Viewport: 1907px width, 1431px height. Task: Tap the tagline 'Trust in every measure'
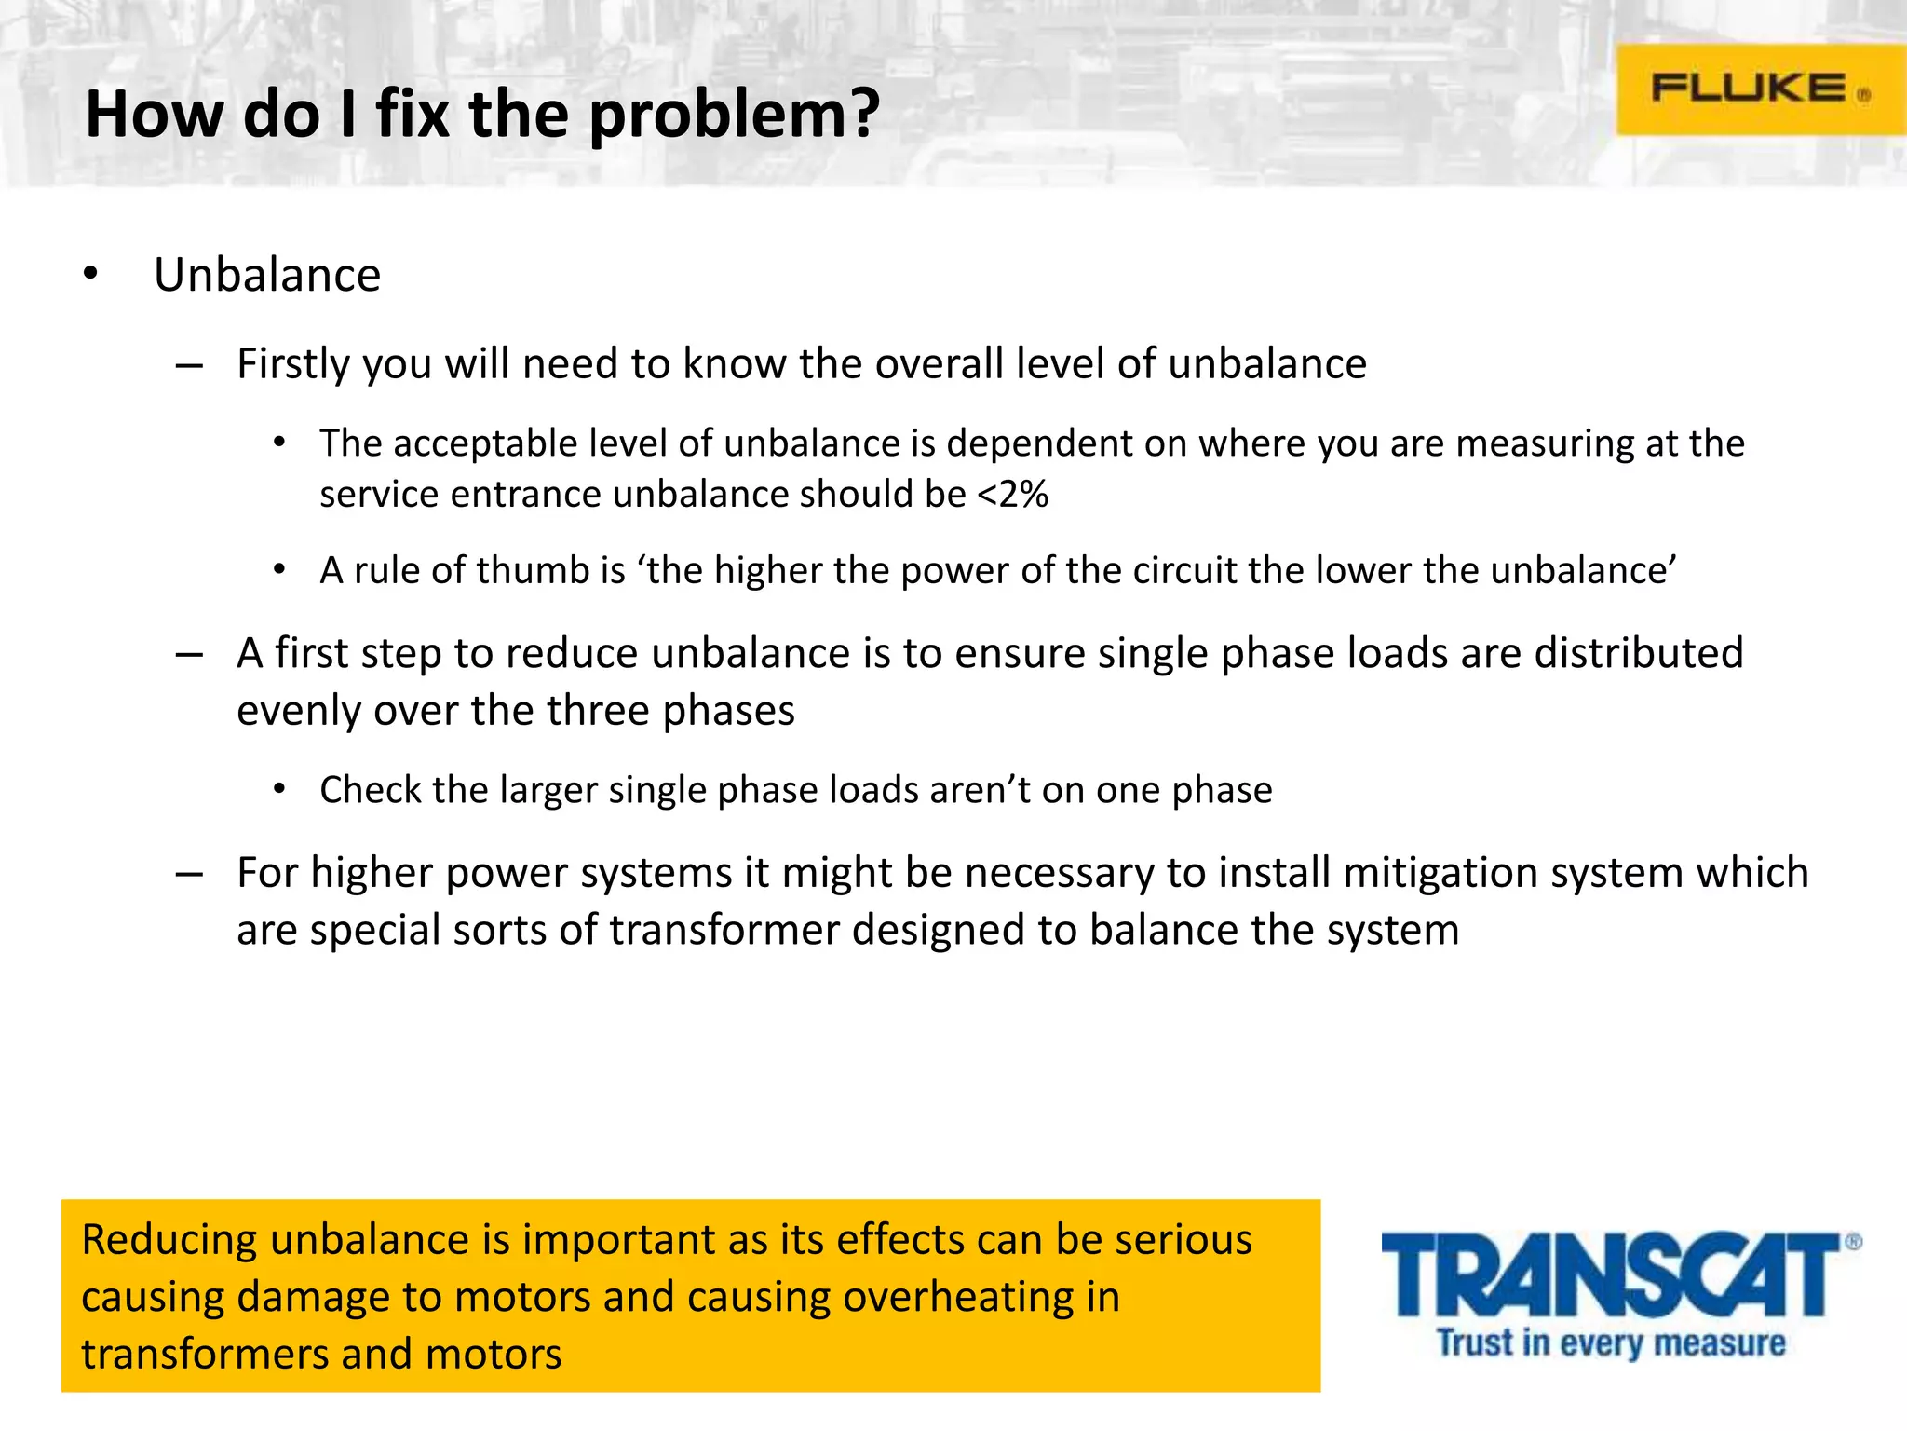pos(1611,1343)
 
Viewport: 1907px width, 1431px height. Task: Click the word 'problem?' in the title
pos(735,116)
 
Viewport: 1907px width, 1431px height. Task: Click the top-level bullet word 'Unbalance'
pos(267,276)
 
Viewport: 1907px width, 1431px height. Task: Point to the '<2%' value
pos(1013,494)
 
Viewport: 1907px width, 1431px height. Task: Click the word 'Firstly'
pos(293,364)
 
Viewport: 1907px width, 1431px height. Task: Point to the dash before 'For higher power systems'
pos(189,875)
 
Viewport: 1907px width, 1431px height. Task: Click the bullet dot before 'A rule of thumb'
pos(279,570)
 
